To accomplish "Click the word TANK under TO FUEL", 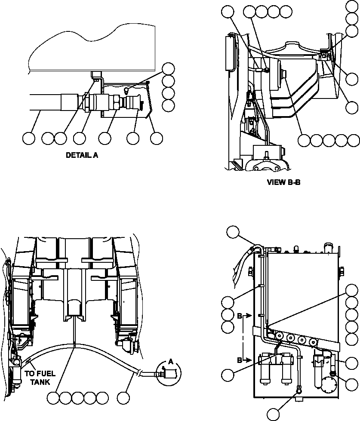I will coord(40,381).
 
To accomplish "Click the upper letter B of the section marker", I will coord(240,316).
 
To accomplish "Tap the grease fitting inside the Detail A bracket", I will coord(127,90).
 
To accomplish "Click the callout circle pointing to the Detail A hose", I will coord(29,138).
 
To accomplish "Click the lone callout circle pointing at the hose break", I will coord(125,398).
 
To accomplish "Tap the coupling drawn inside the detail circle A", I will coord(165,373).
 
